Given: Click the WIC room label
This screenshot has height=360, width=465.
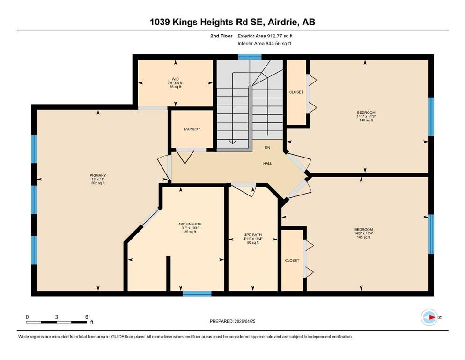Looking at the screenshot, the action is click(175, 79).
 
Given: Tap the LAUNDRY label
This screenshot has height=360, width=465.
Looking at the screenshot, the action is click(192, 129).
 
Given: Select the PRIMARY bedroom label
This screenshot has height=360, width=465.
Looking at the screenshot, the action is click(98, 175).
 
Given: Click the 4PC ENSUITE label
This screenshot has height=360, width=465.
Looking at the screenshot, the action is click(190, 224).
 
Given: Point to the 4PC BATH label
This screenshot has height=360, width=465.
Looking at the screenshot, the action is click(253, 235).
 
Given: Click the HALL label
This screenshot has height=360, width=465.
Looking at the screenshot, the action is click(267, 163).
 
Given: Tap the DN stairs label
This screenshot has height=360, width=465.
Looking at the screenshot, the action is click(267, 148).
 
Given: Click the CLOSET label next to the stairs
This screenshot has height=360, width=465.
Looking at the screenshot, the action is click(296, 92).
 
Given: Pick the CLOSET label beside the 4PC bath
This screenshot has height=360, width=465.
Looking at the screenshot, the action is click(292, 260).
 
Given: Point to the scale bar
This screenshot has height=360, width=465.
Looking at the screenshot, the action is click(56, 322).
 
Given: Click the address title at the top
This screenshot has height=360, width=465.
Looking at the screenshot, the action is click(232, 22).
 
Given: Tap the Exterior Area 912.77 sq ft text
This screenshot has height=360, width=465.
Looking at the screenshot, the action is click(265, 36).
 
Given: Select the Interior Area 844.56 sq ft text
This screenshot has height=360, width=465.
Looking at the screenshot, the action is click(264, 43).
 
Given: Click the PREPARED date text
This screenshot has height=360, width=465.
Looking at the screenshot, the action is click(232, 321).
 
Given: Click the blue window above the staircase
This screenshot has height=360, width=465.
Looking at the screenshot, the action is click(250, 57).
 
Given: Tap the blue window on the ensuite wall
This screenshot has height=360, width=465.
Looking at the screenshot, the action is click(197, 294).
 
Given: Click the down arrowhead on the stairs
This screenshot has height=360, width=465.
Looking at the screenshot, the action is click(232, 142).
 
